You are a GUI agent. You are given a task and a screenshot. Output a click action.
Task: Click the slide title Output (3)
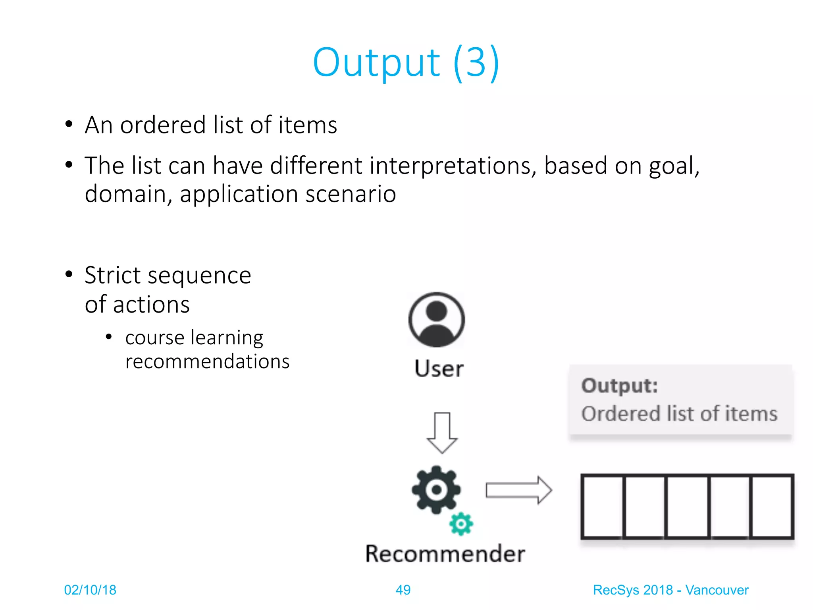tap(406, 62)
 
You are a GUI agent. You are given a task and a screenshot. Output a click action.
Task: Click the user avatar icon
tap(436, 320)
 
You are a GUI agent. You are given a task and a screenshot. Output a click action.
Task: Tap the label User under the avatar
tap(439, 369)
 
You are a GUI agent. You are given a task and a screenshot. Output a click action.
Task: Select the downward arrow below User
tap(442, 433)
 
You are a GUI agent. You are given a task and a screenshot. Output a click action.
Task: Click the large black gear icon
tap(436, 490)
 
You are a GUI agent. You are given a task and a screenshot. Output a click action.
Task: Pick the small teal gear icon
tap(461, 524)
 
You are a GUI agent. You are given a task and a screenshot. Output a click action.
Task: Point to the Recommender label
tap(445, 554)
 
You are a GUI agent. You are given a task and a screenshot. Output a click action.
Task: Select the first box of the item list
tap(602, 507)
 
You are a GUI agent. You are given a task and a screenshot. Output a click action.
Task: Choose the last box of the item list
tap(771, 507)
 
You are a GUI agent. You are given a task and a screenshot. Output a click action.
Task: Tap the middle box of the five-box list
tap(687, 507)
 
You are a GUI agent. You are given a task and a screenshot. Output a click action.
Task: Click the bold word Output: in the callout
tap(620, 386)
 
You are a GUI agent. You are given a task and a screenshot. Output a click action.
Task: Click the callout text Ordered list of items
tap(679, 414)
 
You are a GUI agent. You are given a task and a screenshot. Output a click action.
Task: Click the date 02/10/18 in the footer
tap(90, 590)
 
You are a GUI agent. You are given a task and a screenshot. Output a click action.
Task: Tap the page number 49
tap(403, 590)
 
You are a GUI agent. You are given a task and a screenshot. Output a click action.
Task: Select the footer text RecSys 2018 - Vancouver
tap(670, 590)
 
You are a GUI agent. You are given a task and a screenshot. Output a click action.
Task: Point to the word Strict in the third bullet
tap(113, 275)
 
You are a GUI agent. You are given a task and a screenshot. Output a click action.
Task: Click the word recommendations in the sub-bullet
tap(207, 361)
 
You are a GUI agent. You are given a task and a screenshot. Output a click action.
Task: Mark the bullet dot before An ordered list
tap(69, 124)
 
